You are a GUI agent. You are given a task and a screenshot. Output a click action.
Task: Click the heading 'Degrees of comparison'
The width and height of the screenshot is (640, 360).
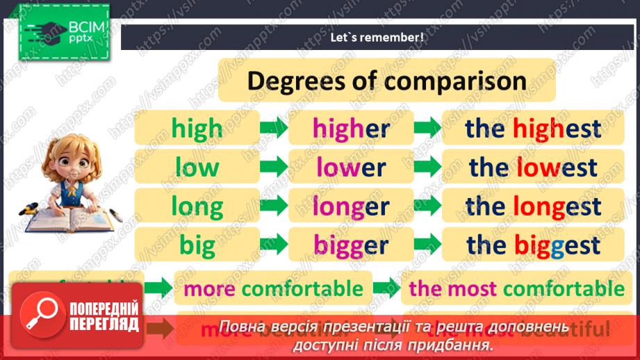point(386,81)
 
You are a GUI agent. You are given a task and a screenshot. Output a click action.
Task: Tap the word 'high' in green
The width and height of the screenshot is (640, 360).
point(197,129)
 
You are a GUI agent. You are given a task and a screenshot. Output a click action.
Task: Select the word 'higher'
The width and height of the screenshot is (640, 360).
point(351,129)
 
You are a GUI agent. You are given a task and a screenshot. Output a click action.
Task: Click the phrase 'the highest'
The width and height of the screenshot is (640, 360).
point(533,129)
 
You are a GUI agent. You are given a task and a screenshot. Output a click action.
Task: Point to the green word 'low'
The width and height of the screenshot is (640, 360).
point(197,167)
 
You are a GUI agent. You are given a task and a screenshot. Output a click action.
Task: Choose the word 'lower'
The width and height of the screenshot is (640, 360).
point(351,167)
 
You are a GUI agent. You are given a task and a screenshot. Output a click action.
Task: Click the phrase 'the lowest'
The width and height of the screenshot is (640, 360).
point(533,167)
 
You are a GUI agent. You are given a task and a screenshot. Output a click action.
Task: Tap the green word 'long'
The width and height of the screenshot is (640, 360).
point(197,206)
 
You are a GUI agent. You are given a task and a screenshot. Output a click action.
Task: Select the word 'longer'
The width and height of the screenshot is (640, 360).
point(351,206)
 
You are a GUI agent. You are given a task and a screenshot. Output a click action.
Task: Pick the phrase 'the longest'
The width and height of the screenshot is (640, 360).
point(533,206)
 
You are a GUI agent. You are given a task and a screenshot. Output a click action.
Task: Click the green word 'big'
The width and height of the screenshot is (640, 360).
point(197,245)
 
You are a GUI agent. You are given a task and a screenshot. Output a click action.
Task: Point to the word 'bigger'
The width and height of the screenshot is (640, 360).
point(351,245)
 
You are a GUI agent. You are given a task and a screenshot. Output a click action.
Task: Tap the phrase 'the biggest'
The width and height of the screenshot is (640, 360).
point(533,245)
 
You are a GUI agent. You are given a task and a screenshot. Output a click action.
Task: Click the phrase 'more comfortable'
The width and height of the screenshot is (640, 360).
point(273,288)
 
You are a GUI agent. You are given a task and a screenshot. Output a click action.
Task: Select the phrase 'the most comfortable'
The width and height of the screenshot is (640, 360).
point(517,288)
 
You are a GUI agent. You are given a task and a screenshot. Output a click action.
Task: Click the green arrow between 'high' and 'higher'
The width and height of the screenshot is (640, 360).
point(274,128)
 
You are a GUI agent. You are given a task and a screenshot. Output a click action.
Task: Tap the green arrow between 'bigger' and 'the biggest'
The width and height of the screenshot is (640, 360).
point(427,245)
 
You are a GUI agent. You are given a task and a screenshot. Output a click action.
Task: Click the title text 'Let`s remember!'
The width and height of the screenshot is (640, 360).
point(377,38)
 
